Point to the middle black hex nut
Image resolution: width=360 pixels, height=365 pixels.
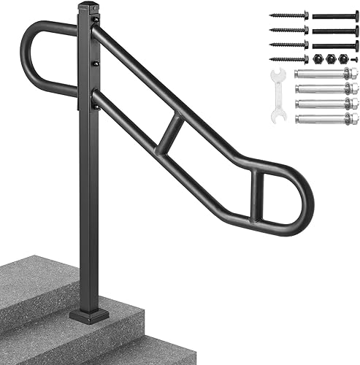click(331, 59)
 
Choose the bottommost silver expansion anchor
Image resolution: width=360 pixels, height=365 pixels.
click(326, 117)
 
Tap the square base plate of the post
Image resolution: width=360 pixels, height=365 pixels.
click(89, 315)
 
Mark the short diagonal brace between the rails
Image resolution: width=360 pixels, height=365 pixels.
click(172, 131)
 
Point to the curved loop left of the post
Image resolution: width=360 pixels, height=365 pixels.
click(37, 58)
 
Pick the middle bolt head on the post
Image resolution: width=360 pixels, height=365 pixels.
click(95, 64)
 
